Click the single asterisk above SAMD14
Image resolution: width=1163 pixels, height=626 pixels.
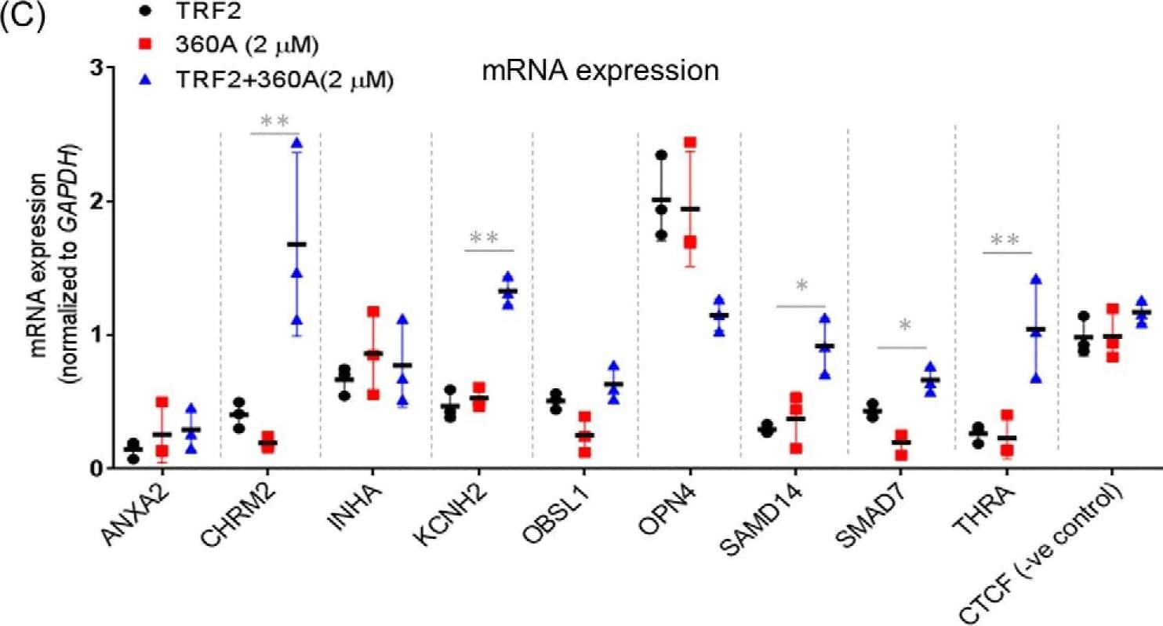[801, 287]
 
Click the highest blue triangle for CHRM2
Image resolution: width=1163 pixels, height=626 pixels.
[296, 143]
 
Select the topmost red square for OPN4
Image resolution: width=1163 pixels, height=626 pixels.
[690, 143]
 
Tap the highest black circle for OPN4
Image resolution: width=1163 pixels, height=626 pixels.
[662, 155]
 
